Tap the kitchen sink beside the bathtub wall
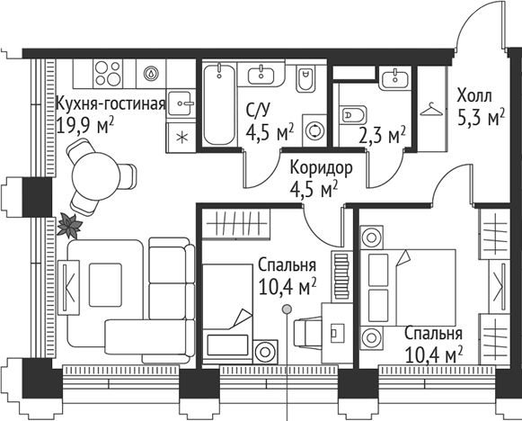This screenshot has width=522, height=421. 181,103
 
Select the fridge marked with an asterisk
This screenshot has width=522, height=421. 181,137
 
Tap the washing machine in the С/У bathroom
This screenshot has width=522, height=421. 314,130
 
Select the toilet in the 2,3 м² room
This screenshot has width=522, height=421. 351,115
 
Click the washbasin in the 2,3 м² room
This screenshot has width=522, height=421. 394,80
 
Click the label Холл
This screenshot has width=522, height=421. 474,94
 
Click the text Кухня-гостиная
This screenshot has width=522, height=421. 110,103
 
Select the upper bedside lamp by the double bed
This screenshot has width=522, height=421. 371,237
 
